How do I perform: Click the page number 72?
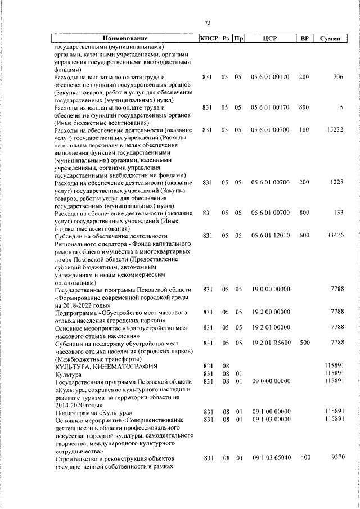[207, 23]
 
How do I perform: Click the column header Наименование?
[125, 39]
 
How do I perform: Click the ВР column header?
[304, 39]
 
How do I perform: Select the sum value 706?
[337, 77]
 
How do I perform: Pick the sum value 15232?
[335, 130]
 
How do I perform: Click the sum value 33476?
[335, 235]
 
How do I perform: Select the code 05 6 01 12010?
[270, 235]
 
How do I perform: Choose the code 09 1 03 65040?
[270, 458]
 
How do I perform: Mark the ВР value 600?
[304, 235]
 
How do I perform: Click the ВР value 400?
[304, 458]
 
